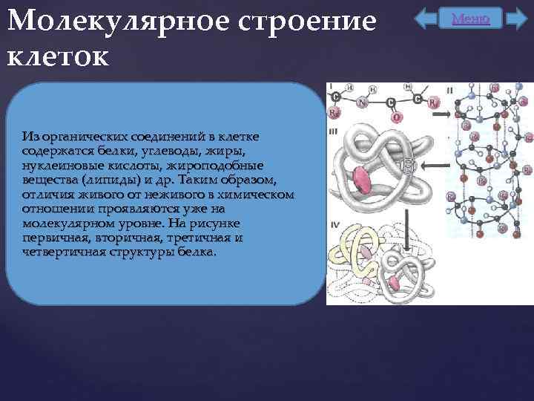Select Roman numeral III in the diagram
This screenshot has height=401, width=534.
pos(334,131)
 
